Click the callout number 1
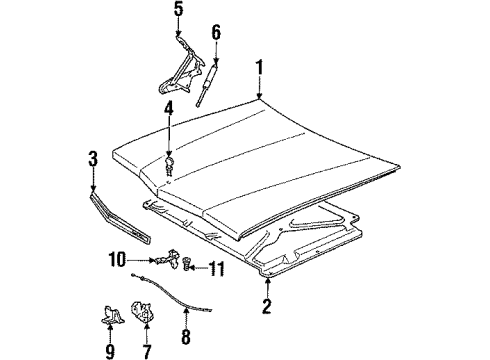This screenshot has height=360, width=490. [258, 69]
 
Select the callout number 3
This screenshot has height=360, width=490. [92, 159]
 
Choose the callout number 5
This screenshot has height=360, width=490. [178, 12]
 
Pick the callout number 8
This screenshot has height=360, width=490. [185, 338]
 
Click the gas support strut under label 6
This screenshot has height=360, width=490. [208, 80]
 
